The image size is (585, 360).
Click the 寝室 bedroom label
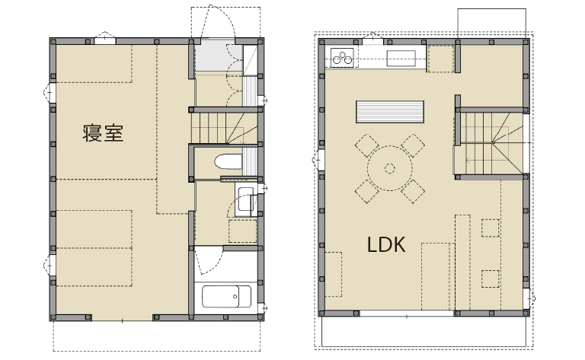pyautogui.click(x=103, y=133)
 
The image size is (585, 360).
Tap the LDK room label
pyautogui.click(x=386, y=245)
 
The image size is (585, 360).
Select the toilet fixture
pyautogui.click(x=229, y=161)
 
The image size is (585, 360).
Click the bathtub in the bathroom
pyautogui.click(x=226, y=296)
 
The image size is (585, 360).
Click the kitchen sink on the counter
pyautogui.click(x=401, y=58)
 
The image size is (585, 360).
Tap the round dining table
pyautogui.click(x=389, y=168)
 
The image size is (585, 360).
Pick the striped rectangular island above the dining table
pyautogui.click(x=390, y=111)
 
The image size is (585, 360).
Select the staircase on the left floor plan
pyautogui.click(x=225, y=128)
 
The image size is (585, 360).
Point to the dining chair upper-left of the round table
pyautogui.click(x=366, y=145)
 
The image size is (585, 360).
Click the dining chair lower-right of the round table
pyautogui.click(x=413, y=192)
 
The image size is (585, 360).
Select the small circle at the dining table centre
pyautogui.click(x=389, y=168)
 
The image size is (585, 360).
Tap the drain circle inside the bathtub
pyautogui.click(x=235, y=297)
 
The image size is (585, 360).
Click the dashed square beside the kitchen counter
pyautogui.click(x=440, y=59)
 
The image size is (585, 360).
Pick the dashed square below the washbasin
pyautogui.click(x=242, y=231)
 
